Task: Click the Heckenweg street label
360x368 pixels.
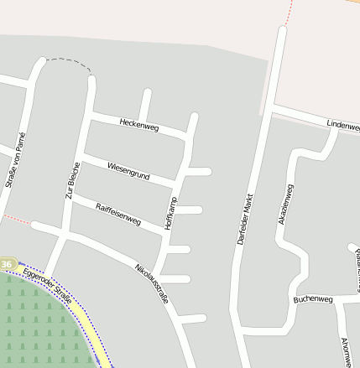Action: click(x=138, y=124)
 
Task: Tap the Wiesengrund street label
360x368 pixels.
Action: click(x=128, y=171)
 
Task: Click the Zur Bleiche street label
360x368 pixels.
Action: click(x=72, y=184)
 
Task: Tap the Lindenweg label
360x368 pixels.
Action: click(x=342, y=125)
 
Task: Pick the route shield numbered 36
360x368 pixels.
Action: click(x=7, y=265)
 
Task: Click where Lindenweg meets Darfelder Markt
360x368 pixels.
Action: click(x=272, y=110)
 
